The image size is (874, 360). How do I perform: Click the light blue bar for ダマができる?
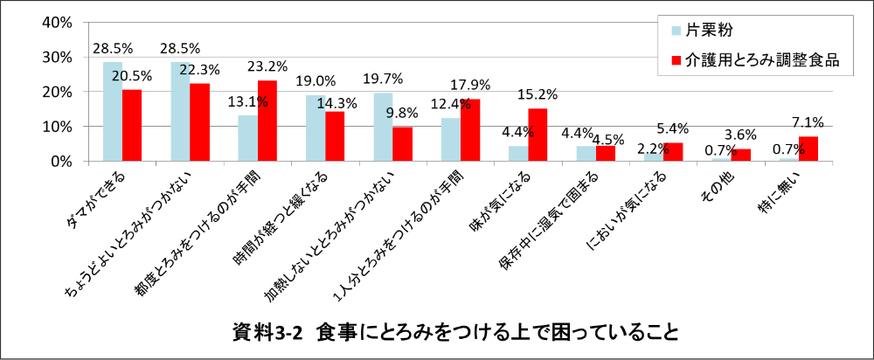113,112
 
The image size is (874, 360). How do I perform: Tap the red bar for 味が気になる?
538,135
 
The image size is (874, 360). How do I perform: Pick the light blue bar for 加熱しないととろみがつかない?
383,127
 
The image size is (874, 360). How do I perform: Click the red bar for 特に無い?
808,149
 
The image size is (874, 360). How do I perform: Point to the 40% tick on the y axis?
56,22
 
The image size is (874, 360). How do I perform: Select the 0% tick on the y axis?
61,162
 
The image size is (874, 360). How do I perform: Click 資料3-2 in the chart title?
267,333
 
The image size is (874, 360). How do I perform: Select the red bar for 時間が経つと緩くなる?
335,136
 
